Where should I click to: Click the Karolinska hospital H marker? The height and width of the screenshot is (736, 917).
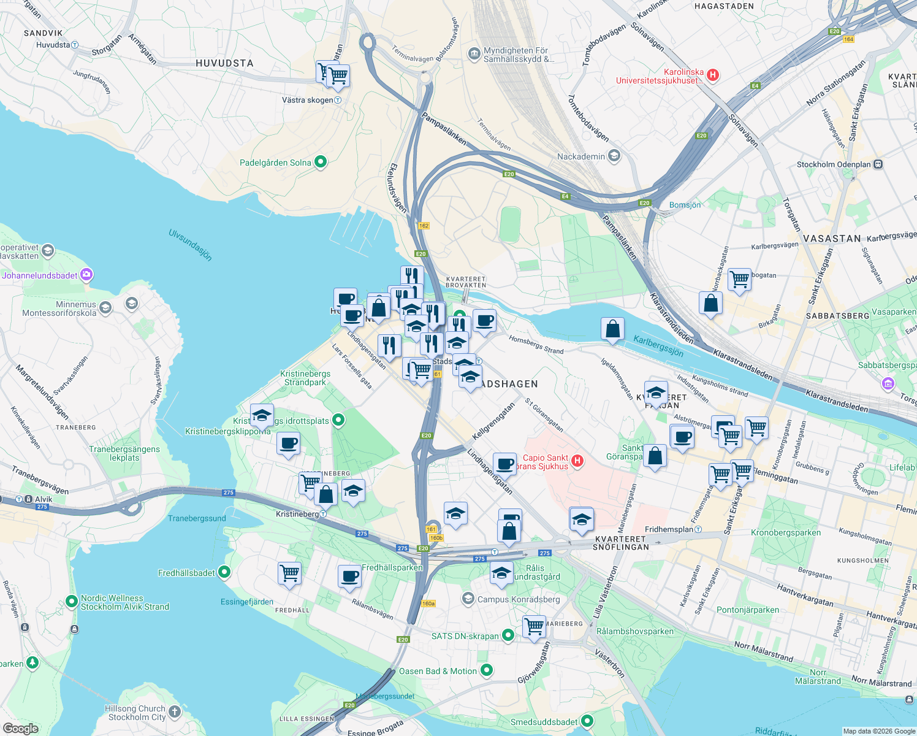712,75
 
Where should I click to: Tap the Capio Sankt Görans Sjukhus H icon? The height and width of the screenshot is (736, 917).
577,461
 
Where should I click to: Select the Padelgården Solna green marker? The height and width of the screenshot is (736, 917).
320,162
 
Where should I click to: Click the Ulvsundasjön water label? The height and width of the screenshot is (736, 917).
191,245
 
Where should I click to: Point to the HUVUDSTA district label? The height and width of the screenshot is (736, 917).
224,63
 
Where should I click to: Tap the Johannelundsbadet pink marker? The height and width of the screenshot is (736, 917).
86,275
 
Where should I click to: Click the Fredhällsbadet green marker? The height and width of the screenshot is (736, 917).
224,572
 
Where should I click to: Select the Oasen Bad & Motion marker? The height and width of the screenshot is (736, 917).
487,670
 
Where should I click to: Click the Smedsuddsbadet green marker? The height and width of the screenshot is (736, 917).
587,721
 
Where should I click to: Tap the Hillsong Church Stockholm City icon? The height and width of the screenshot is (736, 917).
175,711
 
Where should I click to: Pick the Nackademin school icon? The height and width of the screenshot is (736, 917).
614,156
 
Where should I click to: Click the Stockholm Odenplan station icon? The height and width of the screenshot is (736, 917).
878,164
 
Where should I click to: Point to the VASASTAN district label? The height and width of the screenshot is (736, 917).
832,239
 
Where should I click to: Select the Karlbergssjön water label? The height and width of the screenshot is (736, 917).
658,345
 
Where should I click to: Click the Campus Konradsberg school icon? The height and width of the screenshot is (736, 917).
468,599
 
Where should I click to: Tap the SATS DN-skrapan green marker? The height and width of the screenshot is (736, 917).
508,635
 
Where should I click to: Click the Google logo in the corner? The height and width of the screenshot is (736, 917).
20,728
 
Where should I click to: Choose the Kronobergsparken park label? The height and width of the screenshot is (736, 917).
786,532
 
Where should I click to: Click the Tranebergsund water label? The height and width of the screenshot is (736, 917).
197,518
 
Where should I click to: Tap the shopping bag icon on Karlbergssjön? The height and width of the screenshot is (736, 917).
612,330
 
